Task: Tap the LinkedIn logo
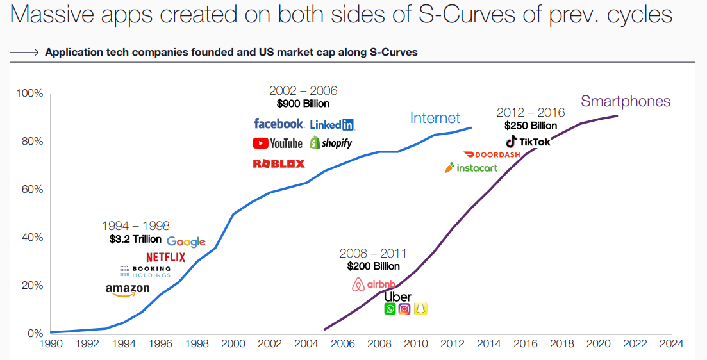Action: [x=332, y=124]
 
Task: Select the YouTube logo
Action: [x=278, y=143]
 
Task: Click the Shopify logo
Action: [x=331, y=143]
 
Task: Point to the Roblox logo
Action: [x=279, y=163]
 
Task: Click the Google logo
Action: [x=186, y=241]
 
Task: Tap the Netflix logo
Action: [x=165, y=258]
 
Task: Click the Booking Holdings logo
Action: [x=146, y=272]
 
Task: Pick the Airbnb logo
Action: [x=374, y=284]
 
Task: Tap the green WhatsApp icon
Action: [x=390, y=309]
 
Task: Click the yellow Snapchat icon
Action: [x=420, y=309]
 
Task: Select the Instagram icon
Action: [x=404, y=309]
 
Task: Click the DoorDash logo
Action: [x=492, y=155]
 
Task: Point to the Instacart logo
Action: [x=471, y=168]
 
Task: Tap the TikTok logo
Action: [x=528, y=142]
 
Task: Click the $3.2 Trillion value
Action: [x=135, y=240]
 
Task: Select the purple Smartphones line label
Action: [x=625, y=101]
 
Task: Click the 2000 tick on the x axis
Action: [x=233, y=344]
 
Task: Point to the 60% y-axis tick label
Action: [x=29, y=190]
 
